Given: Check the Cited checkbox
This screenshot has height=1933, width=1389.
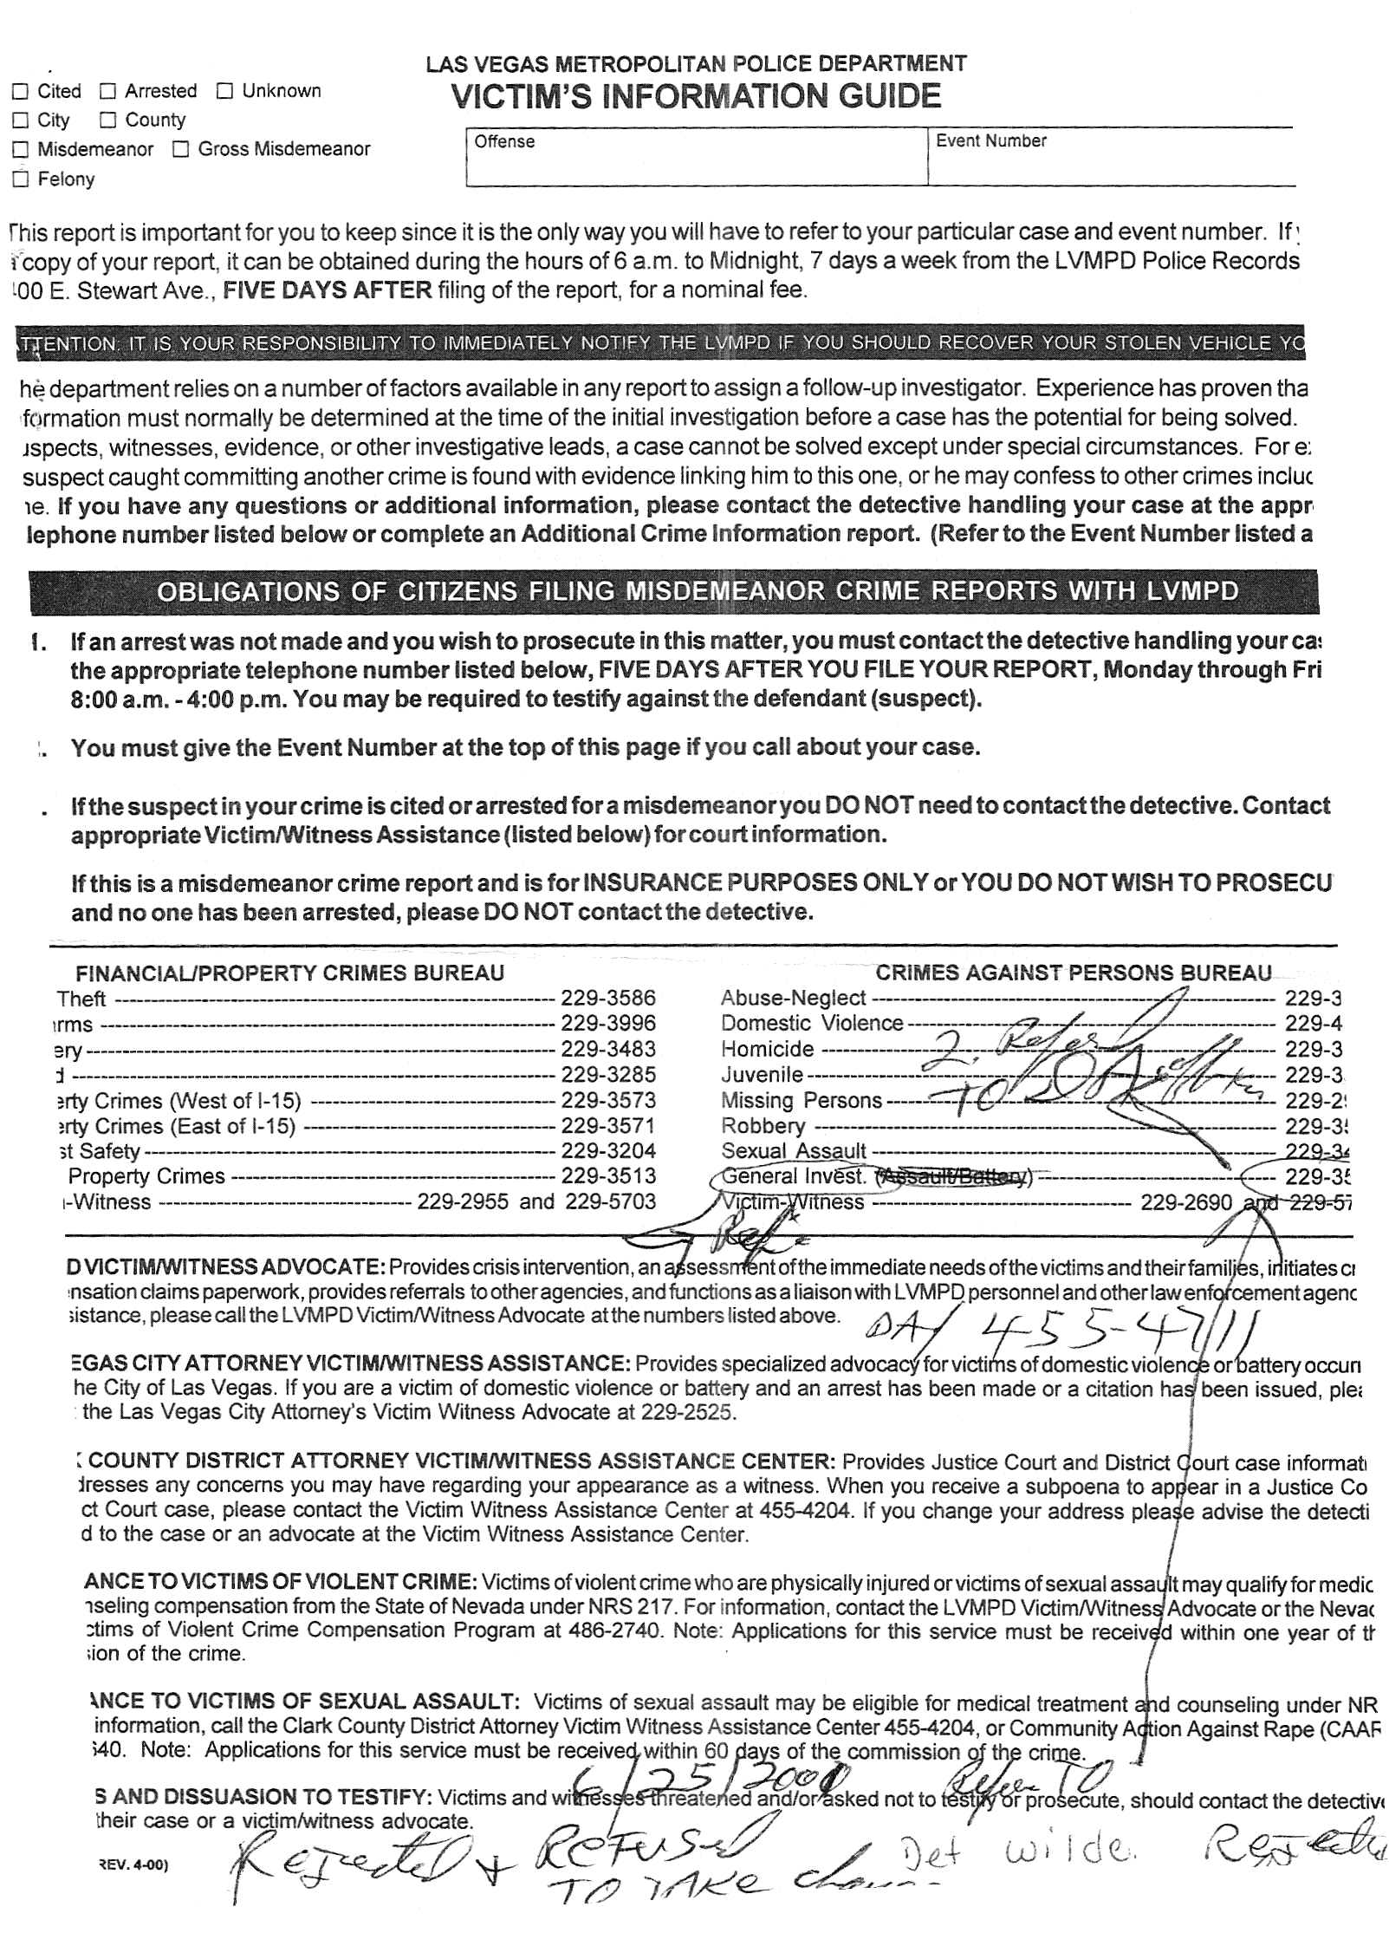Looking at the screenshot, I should point(20,92).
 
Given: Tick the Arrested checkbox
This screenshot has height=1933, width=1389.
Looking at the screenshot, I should point(107,92).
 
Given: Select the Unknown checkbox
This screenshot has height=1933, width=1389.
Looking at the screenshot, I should point(224,92).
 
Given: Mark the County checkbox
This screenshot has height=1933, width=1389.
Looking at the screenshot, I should point(107,120).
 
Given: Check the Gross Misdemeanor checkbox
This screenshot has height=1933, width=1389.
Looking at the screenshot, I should point(180,150).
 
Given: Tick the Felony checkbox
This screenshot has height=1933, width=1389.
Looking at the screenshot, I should point(20,179).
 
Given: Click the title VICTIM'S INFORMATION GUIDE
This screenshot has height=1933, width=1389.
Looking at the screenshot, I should point(696,96).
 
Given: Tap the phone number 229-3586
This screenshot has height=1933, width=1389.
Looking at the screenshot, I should point(607,998).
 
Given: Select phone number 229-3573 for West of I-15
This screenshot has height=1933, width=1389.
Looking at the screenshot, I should point(607,1100).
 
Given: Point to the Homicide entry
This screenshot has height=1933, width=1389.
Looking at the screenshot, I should point(767,1049).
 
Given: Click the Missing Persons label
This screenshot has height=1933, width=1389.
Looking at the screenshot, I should point(801,1100).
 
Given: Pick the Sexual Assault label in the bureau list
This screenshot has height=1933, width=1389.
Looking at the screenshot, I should point(794,1150).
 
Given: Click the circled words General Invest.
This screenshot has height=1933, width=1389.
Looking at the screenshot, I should point(794,1176).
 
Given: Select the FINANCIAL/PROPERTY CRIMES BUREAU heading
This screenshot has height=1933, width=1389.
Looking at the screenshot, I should point(289,973).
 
